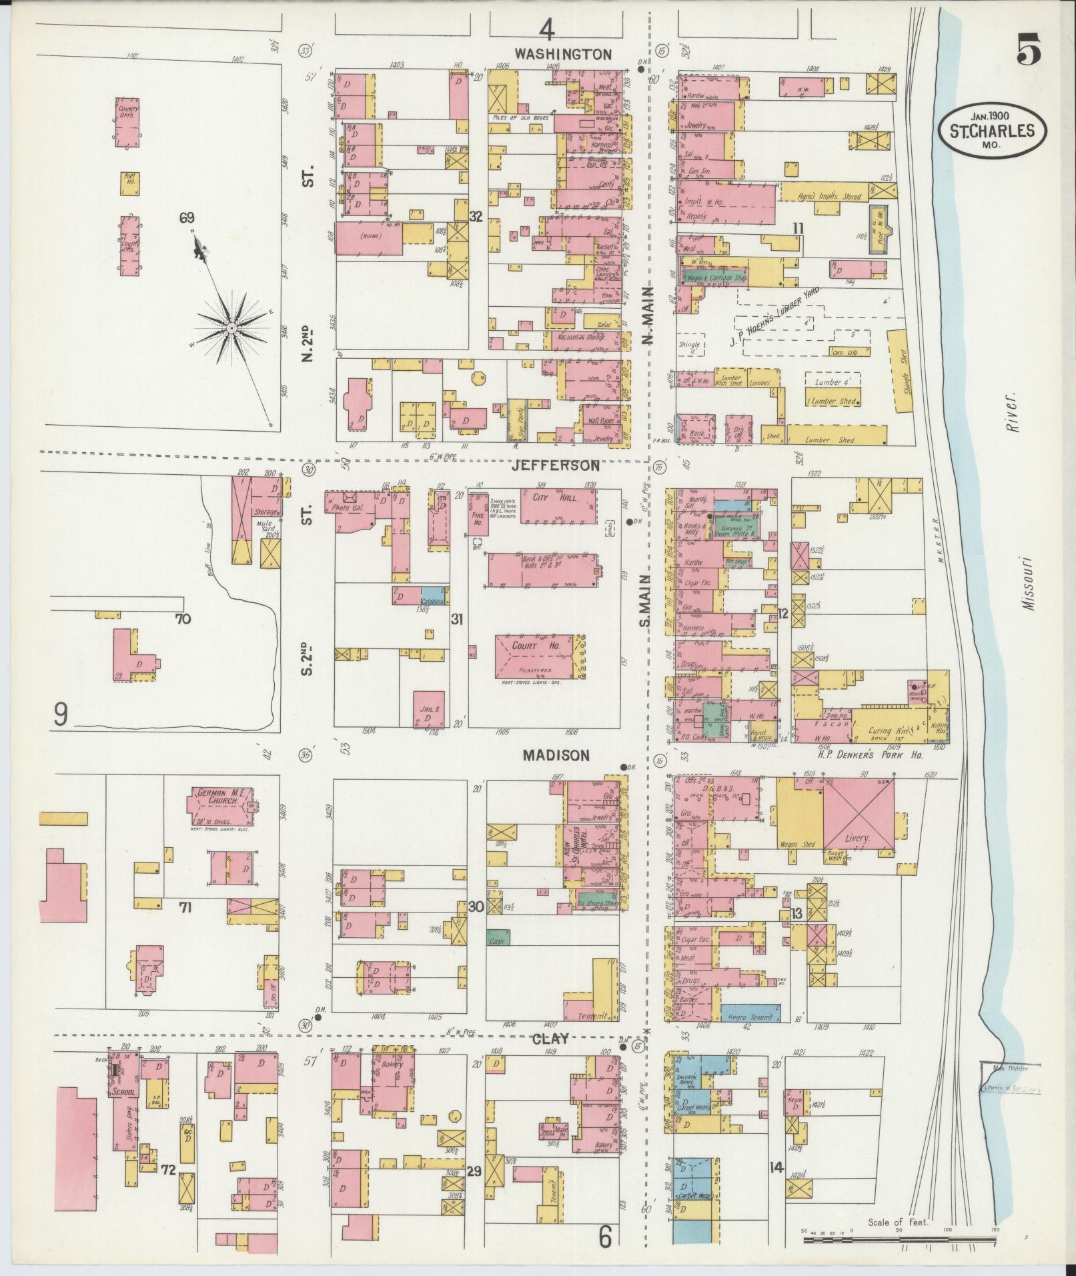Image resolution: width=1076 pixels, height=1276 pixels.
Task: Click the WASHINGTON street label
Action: click(563, 54)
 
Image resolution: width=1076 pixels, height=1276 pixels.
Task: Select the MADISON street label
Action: click(556, 755)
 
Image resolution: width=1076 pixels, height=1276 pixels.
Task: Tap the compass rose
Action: click(231, 328)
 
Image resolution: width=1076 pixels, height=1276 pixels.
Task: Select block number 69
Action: click(186, 217)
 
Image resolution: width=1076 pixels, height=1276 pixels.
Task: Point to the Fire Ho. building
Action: click(478, 514)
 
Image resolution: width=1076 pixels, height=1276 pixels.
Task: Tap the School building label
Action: click(125, 1093)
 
